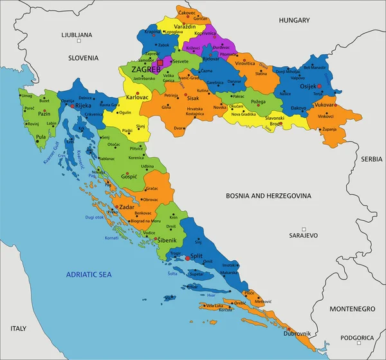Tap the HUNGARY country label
[295, 21]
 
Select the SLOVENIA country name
[88, 57]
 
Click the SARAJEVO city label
[304, 236]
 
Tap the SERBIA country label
[371, 158]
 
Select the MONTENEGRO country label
[353, 309]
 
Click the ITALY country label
[18, 328]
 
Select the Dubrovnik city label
[297, 333]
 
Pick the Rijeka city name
[83, 106]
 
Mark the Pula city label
[41, 137]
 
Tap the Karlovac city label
[137, 97]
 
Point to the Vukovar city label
[326, 104]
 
